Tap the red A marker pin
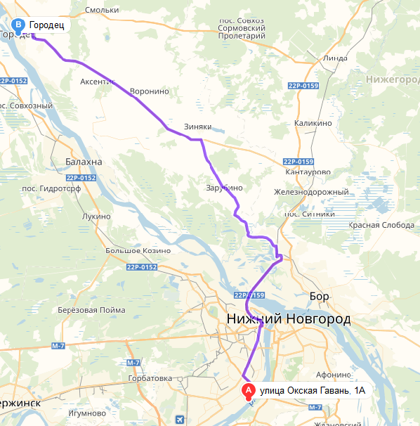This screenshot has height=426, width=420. click(248, 391)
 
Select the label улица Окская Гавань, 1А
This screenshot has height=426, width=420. click(313, 390)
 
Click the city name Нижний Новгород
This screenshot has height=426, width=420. click(289, 320)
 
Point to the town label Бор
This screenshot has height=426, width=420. click(319, 297)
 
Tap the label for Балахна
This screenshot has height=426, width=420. click(84, 162)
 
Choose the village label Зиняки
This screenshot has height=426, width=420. click(197, 127)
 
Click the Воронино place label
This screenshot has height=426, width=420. click(150, 91)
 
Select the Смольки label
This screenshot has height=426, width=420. click(101, 11)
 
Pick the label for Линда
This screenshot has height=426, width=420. click(336, 58)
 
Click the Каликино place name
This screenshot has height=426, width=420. click(313, 123)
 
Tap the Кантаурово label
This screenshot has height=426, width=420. click(308, 172)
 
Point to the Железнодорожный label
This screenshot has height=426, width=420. click(311, 192)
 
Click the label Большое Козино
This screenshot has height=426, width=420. click(138, 251)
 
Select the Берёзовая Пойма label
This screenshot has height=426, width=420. click(92, 310)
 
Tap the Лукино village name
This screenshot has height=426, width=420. click(96, 217)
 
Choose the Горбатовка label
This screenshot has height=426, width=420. click(150, 379)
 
